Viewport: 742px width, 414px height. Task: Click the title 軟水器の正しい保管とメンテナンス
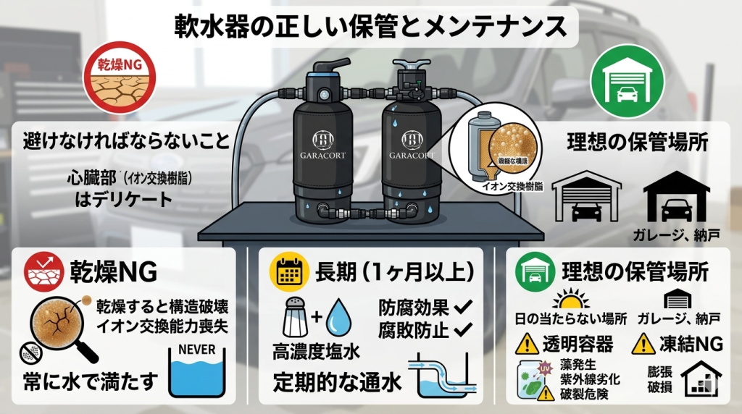370,27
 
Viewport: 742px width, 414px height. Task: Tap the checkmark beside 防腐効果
461,307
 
